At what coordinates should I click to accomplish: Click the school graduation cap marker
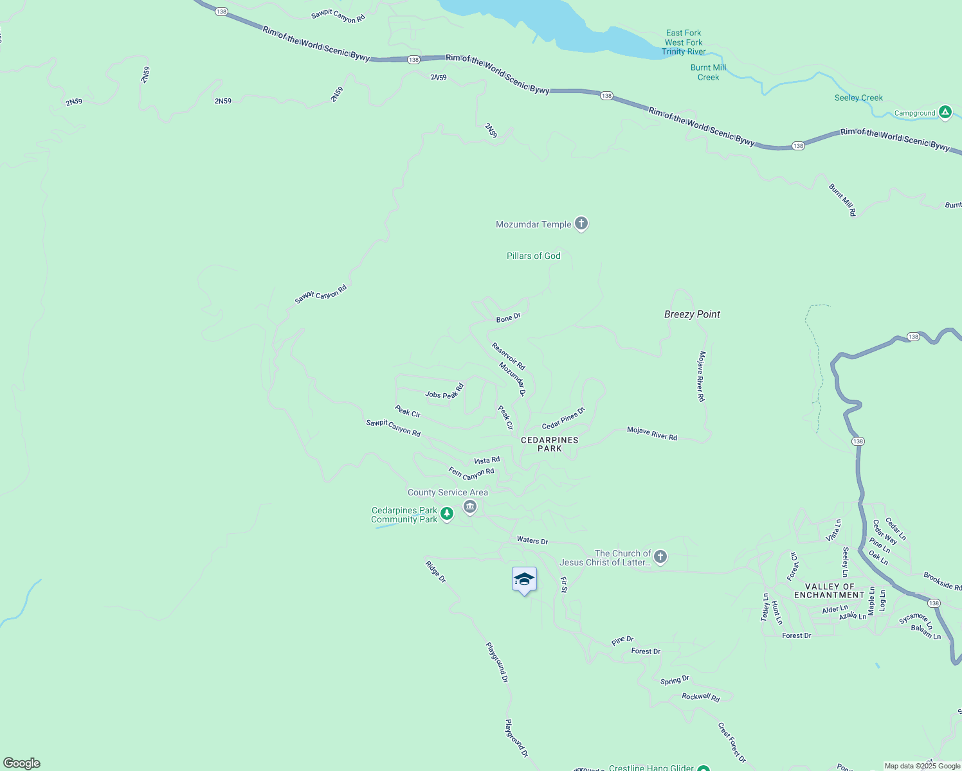click(x=524, y=580)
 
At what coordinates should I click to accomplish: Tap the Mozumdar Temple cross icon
click(x=581, y=224)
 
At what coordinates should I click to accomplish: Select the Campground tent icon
click(x=945, y=112)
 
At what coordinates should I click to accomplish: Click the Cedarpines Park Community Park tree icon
click(x=447, y=513)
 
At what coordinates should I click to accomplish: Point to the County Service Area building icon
click(x=470, y=508)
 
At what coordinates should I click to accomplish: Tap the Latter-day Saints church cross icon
click(x=660, y=556)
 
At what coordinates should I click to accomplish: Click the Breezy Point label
click(x=692, y=314)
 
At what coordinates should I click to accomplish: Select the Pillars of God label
click(x=533, y=256)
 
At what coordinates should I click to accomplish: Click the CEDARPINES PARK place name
click(x=549, y=444)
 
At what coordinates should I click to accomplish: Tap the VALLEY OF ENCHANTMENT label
click(x=829, y=590)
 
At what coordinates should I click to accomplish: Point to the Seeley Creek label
click(x=858, y=98)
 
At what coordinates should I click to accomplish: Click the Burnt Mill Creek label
click(x=708, y=72)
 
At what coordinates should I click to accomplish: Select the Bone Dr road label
click(x=508, y=317)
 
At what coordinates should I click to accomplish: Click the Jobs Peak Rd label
click(x=444, y=392)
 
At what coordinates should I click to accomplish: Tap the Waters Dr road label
click(x=532, y=540)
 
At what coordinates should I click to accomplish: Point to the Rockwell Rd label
click(x=700, y=697)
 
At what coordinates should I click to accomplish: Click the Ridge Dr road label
click(x=435, y=571)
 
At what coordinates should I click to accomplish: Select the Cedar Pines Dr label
click(x=563, y=418)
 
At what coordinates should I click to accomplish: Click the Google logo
click(x=22, y=763)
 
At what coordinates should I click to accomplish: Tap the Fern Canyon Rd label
click(x=471, y=474)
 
